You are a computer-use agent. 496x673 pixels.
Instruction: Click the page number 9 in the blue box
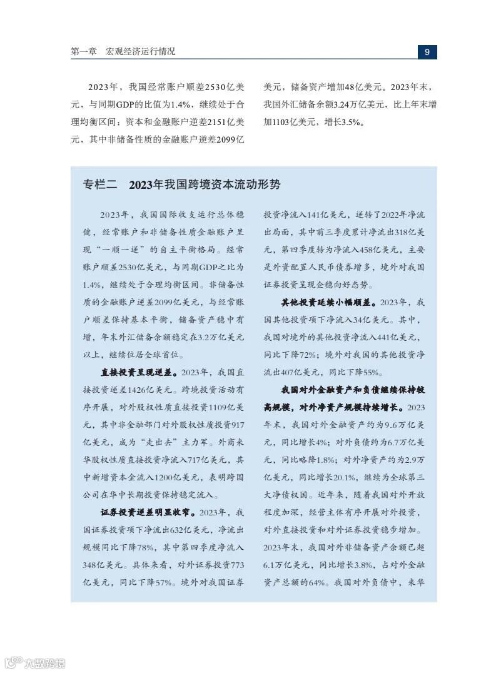(x=427, y=52)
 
